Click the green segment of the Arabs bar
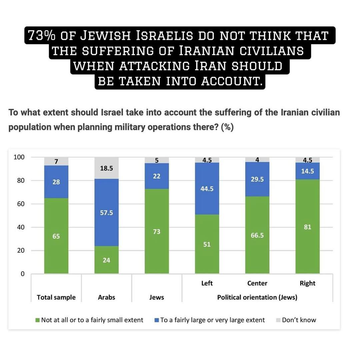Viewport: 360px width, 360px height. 106,260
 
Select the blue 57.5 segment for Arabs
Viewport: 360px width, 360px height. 106,212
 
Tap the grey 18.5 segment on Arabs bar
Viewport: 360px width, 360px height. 106,169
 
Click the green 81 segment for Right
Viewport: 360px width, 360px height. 307,227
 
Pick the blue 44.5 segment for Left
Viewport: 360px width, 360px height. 207,189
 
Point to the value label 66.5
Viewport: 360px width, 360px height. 257,235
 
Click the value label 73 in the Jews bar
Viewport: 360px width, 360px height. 157,232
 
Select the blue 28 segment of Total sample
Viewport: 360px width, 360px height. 56,182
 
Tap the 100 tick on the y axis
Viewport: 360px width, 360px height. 19,157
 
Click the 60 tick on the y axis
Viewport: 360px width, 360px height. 20,204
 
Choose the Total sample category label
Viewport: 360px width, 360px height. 56,297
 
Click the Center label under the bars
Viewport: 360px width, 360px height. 257,283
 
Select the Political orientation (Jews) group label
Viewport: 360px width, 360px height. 257,297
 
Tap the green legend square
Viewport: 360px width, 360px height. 37,320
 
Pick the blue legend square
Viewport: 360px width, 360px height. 157,320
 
